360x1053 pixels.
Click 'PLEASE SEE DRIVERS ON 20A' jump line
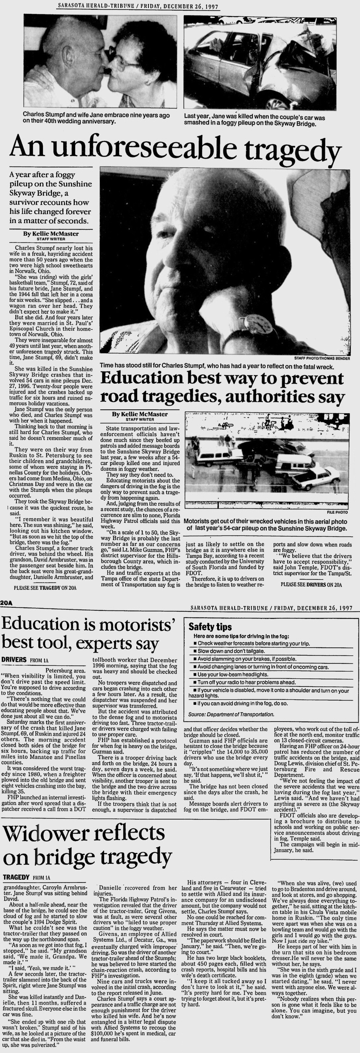coord(311,584)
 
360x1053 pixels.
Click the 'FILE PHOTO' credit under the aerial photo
coord(337,512)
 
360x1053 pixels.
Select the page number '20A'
coord(7,602)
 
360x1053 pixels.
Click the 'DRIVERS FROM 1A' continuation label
coord(25,659)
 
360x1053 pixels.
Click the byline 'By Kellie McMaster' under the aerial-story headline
coord(140,414)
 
